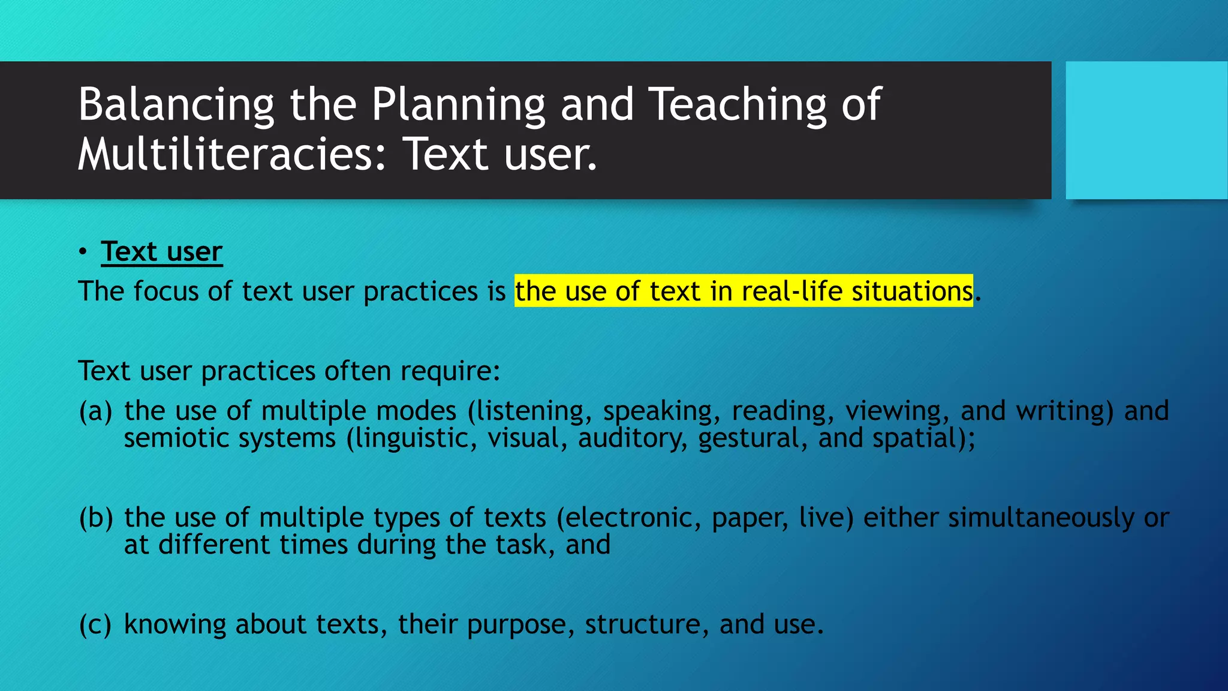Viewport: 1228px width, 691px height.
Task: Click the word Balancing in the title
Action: coord(176,105)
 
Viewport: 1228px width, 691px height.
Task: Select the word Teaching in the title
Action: coord(738,105)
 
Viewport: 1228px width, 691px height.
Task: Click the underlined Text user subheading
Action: coord(161,251)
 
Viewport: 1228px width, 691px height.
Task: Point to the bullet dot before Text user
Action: coord(83,251)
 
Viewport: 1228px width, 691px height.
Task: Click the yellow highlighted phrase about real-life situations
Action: coord(744,291)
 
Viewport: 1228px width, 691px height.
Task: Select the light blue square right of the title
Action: coord(1146,130)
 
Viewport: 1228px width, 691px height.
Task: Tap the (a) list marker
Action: coord(95,411)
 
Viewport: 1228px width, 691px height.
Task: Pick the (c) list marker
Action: coord(95,624)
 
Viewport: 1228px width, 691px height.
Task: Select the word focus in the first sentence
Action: coord(166,292)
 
